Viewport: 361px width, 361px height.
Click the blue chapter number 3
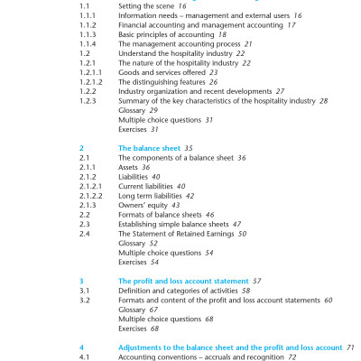point(81,281)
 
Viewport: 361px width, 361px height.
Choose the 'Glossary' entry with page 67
point(134,309)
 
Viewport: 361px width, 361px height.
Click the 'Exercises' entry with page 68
point(135,328)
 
